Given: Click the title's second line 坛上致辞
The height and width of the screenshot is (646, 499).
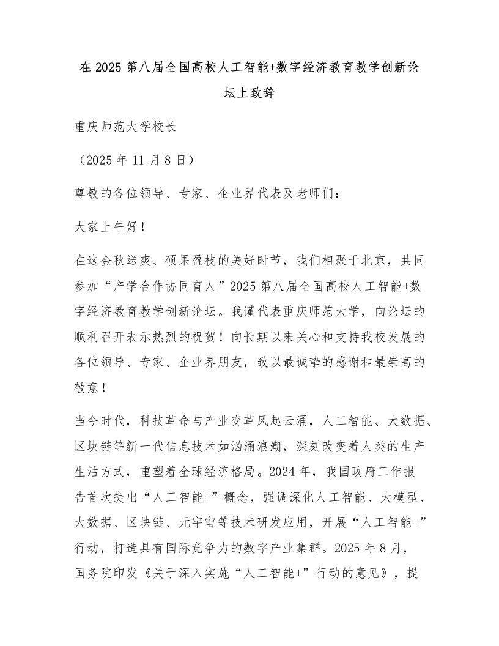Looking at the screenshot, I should pyautogui.click(x=250, y=94).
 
